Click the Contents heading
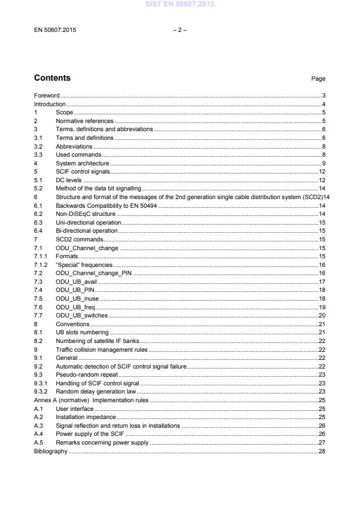coord(52,78)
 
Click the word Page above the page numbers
coord(318,79)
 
